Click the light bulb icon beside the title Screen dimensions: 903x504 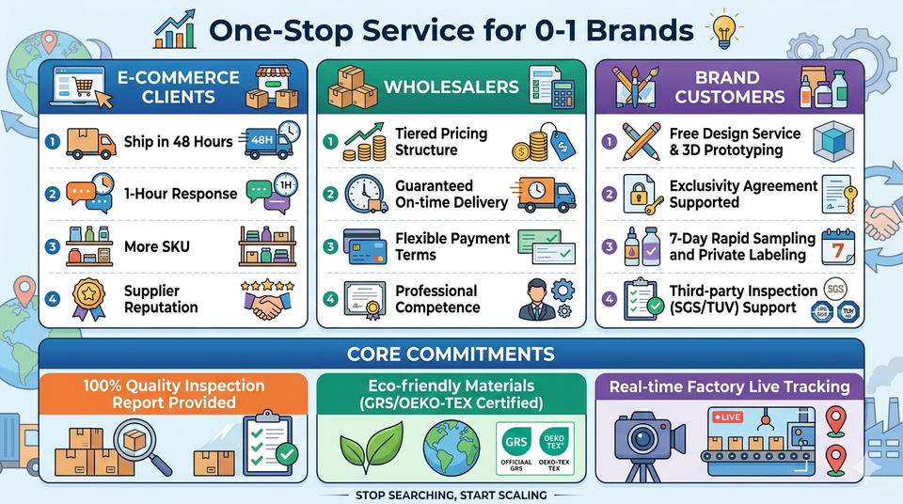pos(724,30)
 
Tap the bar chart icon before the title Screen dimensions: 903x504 pos(175,31)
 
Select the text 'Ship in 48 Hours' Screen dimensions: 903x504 pos(179,142)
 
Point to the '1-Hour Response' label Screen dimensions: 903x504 pos(181,194)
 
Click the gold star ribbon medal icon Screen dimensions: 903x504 pos(88,298)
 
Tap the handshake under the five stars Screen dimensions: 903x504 pos(267,305)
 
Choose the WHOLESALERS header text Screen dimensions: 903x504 pos(451,87)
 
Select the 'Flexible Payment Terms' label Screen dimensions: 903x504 pos(452,246)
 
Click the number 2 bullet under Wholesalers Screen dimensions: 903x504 pos(330,194)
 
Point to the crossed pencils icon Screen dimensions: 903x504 pos(641,141)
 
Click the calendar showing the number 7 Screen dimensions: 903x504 pos(838,247)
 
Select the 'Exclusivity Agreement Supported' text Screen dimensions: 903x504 pos(743,194)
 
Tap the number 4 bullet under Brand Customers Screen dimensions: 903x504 pos(610,299)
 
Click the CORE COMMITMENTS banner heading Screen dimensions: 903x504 pos(451,354)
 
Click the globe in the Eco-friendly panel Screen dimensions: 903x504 pos(451,449)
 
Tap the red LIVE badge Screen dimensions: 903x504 pos(727,417)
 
